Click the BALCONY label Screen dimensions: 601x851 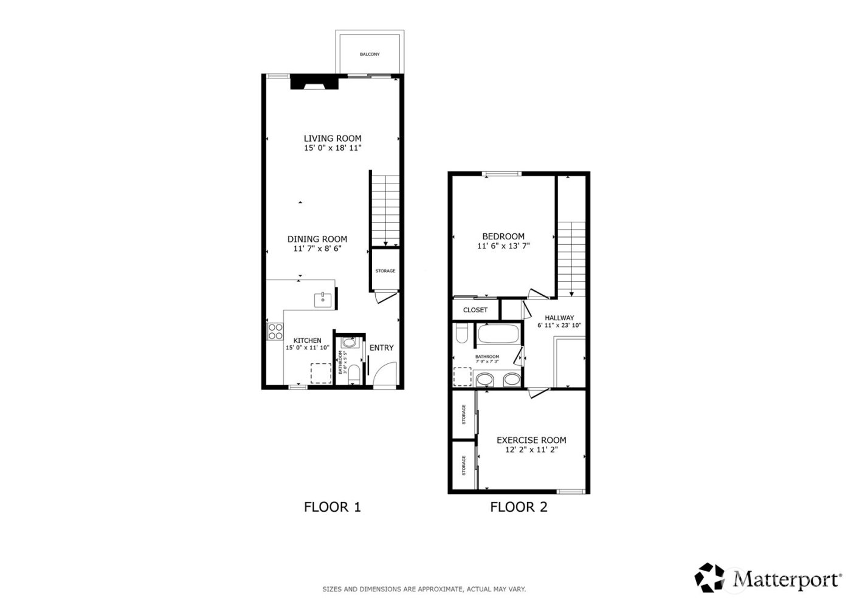point(370,55)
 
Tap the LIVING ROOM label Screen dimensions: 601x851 point(332,139)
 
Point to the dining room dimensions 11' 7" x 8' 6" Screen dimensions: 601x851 point(317,249)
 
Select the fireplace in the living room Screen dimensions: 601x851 point(314,83)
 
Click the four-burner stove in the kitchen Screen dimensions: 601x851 point(275,331)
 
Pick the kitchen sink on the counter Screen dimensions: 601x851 point(322,299)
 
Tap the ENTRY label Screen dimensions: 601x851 point(382,348)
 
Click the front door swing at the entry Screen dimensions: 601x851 point(385,374)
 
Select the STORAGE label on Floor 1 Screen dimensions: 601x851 point(385,271)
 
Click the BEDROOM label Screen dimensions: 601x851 point(503,236)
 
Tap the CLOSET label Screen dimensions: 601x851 point(475,310)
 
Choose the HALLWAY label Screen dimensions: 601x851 point(559,318)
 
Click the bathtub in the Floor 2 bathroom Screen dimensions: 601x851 point(498,333)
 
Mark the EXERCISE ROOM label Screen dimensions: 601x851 point(531,440)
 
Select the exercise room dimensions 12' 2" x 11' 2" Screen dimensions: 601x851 point(531,450)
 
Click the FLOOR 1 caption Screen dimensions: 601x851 point(332,507)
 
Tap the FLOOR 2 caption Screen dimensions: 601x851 point(519,507)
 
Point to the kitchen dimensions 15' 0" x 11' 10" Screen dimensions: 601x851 point(308,348)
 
